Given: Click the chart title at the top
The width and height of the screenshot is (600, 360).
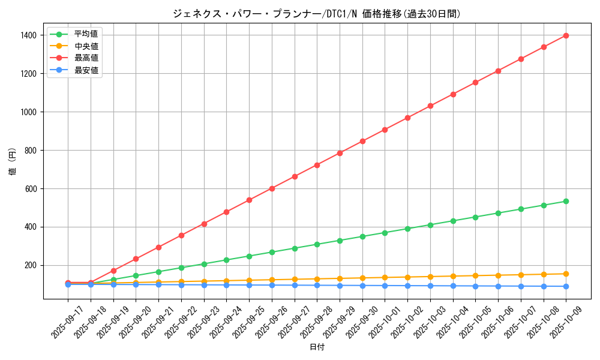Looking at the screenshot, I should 316,13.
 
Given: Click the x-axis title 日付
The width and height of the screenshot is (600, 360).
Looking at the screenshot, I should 316,347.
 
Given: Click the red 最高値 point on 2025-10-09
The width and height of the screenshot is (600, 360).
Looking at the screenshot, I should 566,35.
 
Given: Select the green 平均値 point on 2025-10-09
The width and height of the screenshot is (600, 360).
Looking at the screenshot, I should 566,201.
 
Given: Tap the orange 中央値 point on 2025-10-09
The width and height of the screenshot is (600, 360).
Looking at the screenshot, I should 566,274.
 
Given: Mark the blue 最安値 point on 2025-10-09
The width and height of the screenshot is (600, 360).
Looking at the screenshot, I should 566,286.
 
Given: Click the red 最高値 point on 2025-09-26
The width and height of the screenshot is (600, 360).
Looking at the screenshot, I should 272,188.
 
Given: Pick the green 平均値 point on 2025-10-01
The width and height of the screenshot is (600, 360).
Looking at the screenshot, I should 385,233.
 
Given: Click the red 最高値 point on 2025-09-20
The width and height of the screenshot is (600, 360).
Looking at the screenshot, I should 136,259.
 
